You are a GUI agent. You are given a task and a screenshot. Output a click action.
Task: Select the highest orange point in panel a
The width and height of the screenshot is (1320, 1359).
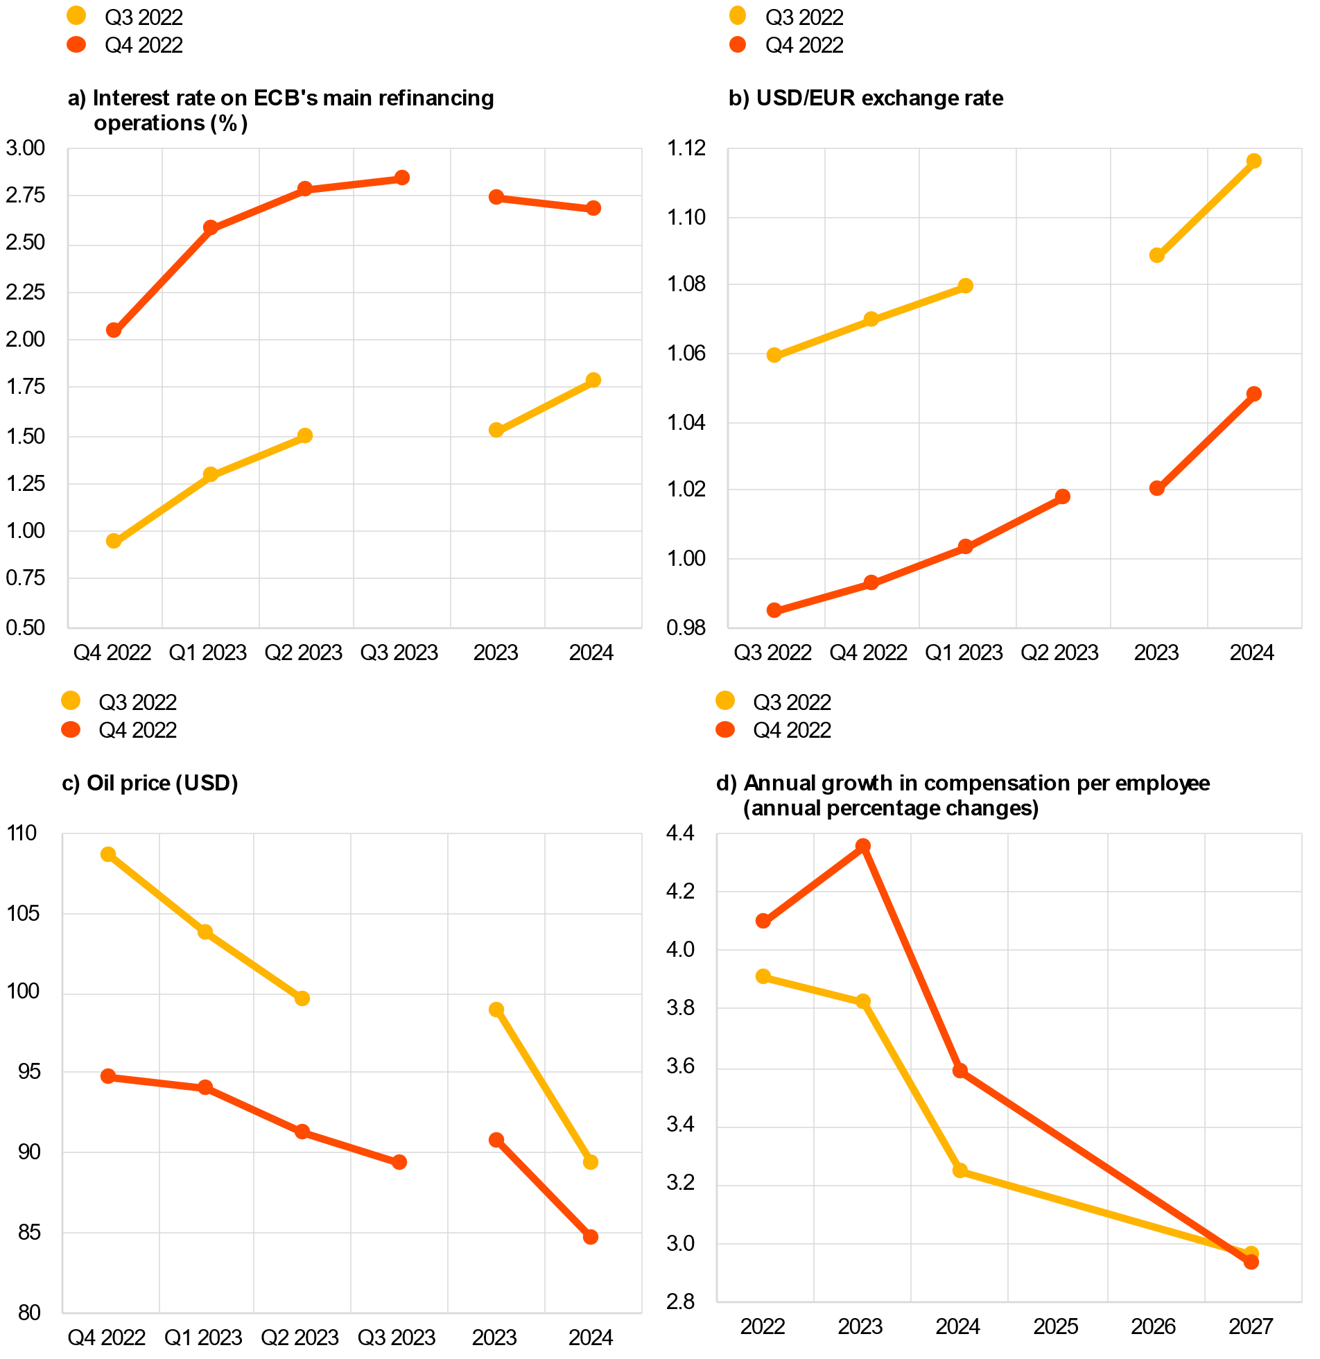point(402,178)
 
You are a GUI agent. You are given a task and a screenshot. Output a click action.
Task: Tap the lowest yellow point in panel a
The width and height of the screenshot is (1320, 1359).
point(114,541)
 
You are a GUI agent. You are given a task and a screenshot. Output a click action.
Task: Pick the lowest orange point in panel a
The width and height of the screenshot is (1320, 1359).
point(114,330)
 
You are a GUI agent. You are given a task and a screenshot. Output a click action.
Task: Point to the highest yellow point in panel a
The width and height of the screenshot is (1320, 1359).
point(593,379)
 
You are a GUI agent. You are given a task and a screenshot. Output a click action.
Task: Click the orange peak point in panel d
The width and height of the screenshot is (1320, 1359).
point(863,846)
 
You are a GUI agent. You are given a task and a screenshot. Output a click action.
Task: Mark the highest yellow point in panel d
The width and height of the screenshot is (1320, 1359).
point(763,976)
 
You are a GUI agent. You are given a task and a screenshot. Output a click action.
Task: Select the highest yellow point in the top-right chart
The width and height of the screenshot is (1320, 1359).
point(1254,161)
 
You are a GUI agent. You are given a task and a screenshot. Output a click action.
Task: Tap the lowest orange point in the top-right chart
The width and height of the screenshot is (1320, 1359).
point(774,610)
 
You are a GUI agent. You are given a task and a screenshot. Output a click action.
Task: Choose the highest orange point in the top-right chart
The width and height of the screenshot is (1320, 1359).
point(1254,394)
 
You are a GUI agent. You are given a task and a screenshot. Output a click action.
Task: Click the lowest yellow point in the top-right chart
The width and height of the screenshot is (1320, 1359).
point(774,355)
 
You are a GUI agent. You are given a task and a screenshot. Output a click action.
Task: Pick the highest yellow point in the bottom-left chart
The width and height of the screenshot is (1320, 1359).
point(108,854)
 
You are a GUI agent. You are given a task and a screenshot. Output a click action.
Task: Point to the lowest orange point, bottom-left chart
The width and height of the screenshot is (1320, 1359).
point(591,1237)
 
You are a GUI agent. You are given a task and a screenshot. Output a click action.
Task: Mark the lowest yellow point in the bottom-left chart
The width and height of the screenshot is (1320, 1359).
point(591,1162)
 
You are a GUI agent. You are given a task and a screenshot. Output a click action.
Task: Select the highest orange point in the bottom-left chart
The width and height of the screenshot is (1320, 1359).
point(108,1076)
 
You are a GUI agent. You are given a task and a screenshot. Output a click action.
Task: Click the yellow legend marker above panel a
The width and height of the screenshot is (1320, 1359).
point(76,15)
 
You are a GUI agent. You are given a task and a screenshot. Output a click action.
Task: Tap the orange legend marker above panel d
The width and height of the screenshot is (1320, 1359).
point(725,729)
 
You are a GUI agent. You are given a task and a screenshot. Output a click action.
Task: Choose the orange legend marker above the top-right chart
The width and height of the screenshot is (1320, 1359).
point(738,44)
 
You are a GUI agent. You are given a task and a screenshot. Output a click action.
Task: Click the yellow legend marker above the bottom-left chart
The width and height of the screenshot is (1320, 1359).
point(71,700)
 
